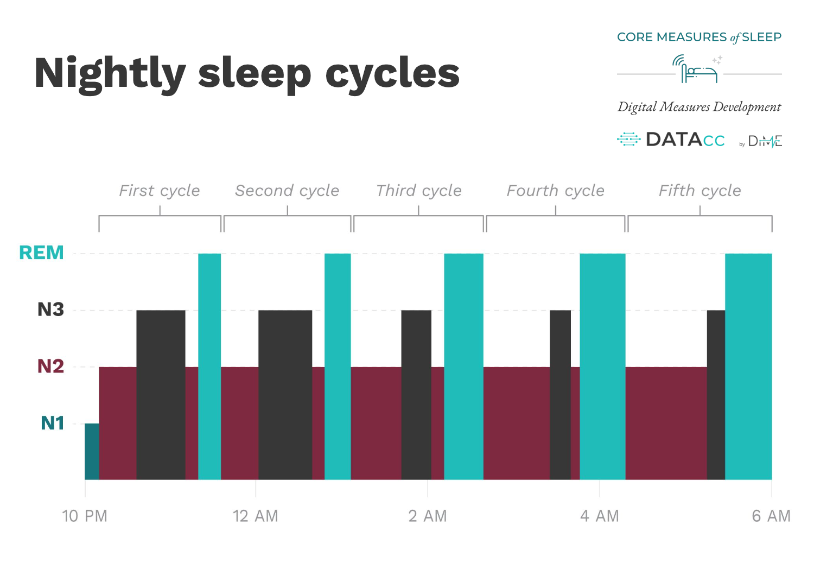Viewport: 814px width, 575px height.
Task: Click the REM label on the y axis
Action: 41,253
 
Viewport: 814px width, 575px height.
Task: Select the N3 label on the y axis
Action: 50,309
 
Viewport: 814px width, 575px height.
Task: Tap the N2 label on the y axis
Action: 50,367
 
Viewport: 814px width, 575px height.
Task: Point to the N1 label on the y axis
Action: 52,423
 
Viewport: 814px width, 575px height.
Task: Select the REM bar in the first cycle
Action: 209,366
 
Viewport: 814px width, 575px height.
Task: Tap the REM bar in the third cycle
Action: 463,366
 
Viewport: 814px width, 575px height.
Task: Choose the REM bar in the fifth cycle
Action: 748,366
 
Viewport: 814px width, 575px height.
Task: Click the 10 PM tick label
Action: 85,516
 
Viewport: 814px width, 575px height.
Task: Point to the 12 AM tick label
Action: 255,516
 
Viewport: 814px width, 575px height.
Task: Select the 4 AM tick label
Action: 599,516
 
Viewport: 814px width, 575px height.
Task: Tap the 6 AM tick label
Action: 771,516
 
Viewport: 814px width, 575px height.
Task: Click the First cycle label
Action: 160,191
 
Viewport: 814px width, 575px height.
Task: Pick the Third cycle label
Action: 418,191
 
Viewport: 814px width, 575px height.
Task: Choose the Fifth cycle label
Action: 699,191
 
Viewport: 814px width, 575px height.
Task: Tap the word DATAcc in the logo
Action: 685,140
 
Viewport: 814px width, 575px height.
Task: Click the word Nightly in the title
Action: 110,74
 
